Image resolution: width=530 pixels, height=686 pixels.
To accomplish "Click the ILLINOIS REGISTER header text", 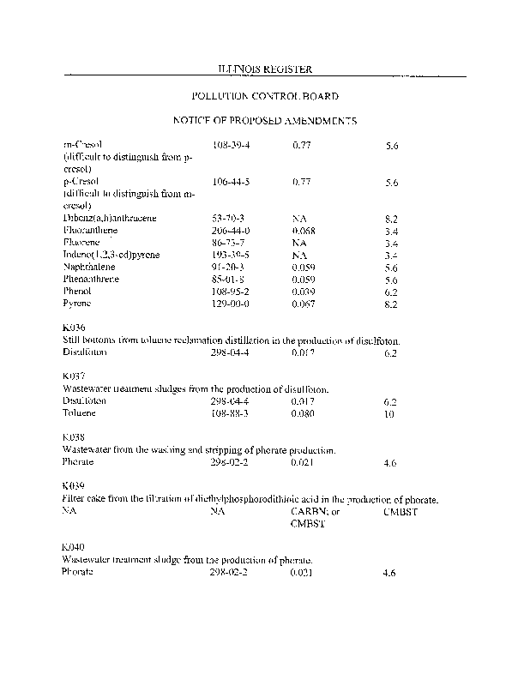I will point(265,68).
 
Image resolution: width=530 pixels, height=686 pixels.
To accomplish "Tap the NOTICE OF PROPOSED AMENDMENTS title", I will point(265,122).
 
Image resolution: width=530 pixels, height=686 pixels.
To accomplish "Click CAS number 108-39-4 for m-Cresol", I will point(231,146).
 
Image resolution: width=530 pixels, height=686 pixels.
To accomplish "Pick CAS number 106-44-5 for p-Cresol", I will point(231,183).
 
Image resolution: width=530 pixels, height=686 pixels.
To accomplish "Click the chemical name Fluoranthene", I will point(91,232).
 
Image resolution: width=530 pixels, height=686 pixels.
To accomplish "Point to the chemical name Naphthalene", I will point(89,268).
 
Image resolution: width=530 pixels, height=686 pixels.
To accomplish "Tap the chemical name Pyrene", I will point(77,304).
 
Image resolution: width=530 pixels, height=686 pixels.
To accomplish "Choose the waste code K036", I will point(75,328).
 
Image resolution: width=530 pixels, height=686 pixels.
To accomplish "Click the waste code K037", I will point(75,376).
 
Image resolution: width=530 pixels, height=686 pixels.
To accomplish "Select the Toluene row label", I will point(80,412).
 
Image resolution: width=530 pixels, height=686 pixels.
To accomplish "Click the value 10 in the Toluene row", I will point(389,413).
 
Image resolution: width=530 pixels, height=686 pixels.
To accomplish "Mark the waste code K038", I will point(75,437).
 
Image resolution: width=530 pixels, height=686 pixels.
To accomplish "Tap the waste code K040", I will point(75,546).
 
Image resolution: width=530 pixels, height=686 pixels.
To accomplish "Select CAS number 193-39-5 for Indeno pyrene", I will point(231,256).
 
